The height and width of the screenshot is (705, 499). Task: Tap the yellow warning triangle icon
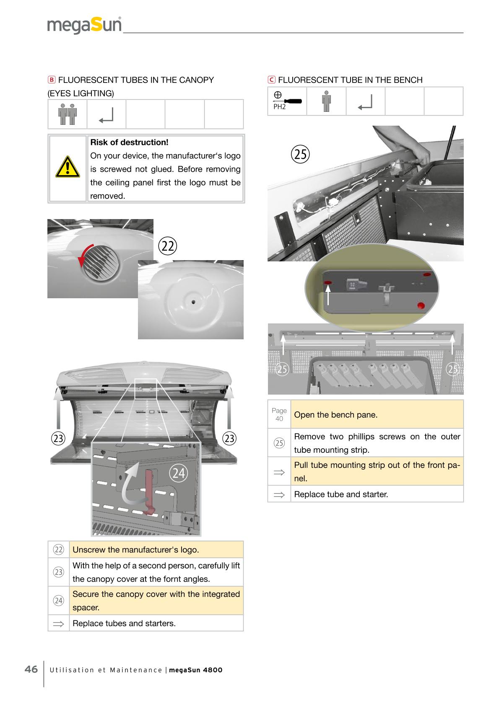click(x=67, y=167)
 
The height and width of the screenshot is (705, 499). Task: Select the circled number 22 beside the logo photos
click(x=168, y=246)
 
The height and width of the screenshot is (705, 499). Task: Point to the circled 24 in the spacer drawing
click(x=179, y=473)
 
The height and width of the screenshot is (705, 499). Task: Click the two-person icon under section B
click(x=67, y=114)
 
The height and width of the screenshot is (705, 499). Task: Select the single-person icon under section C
click(x=326, y=101)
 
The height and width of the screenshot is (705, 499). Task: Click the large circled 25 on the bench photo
click(x=300, y=154)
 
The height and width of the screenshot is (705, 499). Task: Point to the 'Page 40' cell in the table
click(x=279, y=414)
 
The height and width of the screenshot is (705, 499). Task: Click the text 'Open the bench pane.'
click(x=335, y=415)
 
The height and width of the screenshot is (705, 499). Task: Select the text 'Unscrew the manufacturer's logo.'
click(x=135, y=550)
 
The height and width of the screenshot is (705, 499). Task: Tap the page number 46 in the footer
click(x=31, y=669)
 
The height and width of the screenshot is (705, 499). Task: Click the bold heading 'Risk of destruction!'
click(x=129, y=142)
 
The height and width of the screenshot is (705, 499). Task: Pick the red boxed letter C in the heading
click(x=271, y=80)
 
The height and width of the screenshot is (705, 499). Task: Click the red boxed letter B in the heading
click(x=51, y=80)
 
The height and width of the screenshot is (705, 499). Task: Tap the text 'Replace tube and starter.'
click(x=341, y=494)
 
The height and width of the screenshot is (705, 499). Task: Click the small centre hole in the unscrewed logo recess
click(x=192, y=301)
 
